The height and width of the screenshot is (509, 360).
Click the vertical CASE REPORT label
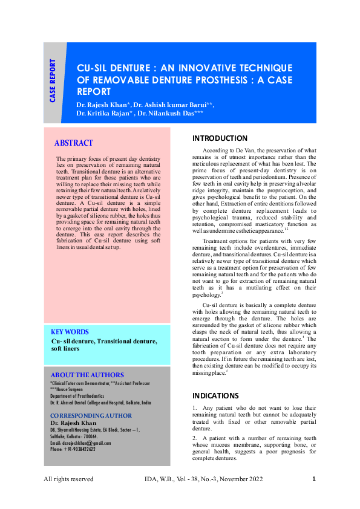(x=53, y=80)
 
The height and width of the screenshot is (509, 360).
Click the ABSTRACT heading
(x=74, y=143)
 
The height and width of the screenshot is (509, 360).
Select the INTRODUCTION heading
(x=220, y=138)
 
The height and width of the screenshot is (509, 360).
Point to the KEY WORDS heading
(x=70, y=332)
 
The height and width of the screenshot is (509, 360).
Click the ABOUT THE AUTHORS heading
(x=87, y=375)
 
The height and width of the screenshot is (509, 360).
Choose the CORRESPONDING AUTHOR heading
(x=91, y=415)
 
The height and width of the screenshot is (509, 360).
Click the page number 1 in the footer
(x=314, y=479)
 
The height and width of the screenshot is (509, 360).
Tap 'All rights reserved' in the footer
(x=68, y=479)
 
